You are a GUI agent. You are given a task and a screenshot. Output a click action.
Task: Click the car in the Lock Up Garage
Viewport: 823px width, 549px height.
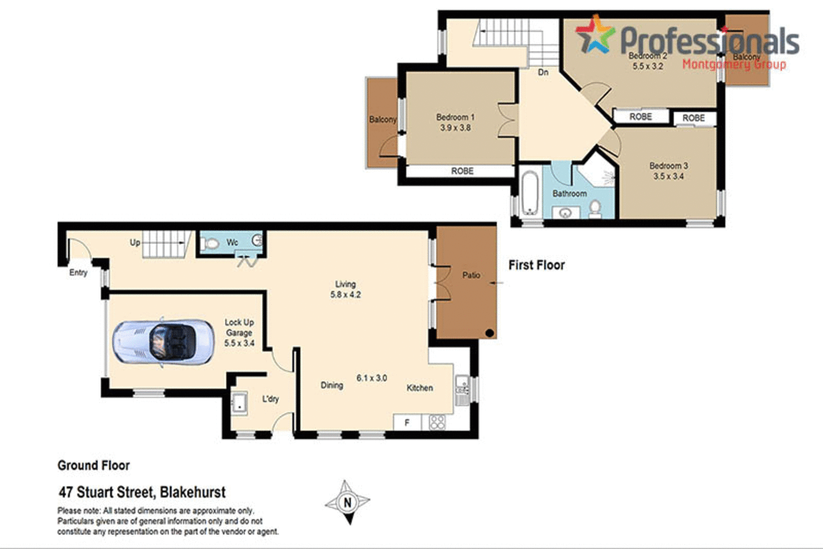[164, 341]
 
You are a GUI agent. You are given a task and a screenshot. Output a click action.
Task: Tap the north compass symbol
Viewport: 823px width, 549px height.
[347, 502]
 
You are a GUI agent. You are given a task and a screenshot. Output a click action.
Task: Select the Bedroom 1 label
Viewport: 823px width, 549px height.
[455, 117]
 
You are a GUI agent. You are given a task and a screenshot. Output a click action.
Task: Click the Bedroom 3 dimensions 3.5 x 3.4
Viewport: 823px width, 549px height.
[668, 176]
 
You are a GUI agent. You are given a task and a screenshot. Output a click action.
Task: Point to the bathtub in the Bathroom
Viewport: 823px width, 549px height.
[529, 194]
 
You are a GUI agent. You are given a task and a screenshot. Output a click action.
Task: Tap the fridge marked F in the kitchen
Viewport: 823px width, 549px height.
[407, 422]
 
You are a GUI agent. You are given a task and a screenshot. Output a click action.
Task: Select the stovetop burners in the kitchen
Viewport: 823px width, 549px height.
[437, 422]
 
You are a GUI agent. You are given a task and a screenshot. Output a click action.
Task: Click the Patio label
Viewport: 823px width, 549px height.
[471, 275]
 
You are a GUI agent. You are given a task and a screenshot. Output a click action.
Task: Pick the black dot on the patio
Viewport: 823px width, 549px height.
[489, 333]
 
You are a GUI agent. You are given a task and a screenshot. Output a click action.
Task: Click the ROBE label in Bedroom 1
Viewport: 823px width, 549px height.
[462, 171]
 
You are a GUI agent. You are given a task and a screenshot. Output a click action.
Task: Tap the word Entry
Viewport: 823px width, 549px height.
[78, 273]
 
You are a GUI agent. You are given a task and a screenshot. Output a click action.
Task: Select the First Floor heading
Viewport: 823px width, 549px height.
[536, 265]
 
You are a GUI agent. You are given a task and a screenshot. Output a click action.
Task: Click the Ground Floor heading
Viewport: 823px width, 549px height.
[94, 466]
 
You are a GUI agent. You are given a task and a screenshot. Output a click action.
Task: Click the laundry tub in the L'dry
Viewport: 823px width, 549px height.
[239, 403]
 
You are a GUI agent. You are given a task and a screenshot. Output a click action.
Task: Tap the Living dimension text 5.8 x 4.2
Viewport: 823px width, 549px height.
[345, 295]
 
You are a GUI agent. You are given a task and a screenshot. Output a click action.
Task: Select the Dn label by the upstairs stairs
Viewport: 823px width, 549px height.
[543, 72]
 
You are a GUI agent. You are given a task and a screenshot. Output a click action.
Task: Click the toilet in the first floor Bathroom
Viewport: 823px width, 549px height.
[595, 209]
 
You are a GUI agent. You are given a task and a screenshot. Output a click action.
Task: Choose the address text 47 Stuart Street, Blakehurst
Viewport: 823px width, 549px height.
[142, 492]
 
